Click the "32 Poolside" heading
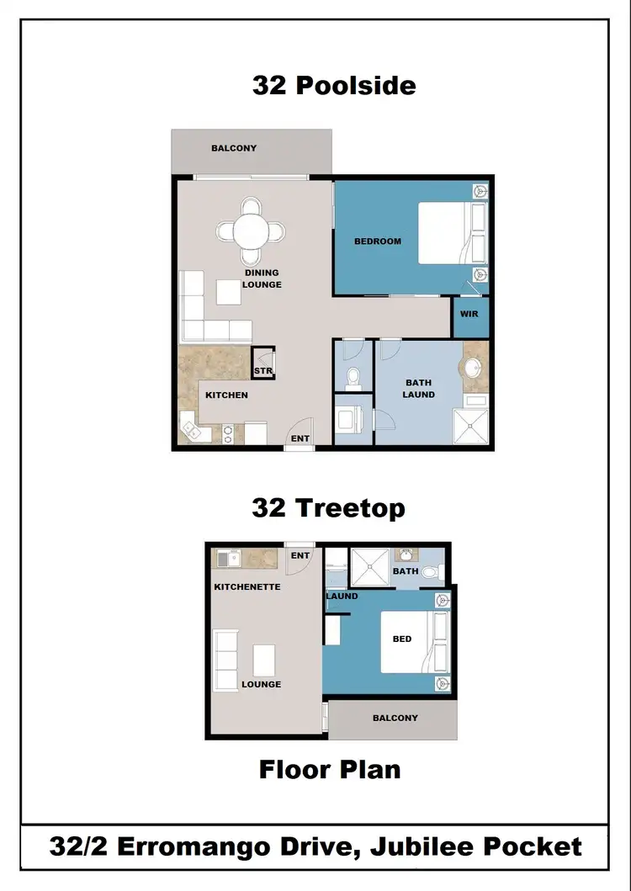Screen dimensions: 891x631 [334, 85]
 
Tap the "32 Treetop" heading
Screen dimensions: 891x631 [328, 508]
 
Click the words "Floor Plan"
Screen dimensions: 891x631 [329, 769]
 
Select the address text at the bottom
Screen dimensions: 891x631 [315, 846]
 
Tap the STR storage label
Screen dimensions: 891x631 [262, 371]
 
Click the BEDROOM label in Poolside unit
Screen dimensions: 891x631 [378, 241]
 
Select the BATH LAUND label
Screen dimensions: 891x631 [418, 389]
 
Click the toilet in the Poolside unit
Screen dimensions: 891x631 [353, 378]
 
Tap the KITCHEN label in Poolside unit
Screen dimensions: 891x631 [226, 395]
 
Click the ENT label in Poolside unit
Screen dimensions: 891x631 [300, 438]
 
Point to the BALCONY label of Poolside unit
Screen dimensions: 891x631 [234, 148]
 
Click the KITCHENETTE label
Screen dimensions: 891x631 [247, 586]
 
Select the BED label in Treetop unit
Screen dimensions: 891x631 [402, 639]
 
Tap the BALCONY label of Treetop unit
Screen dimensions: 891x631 [395, 718]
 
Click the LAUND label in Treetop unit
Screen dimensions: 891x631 [342, 597]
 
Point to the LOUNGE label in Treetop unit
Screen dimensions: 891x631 [261, 684]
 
